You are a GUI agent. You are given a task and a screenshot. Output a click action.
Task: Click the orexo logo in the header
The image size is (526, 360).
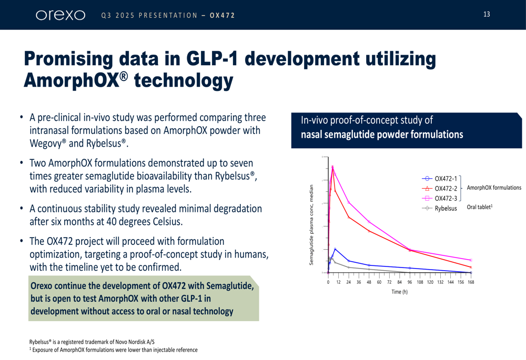click(60, 15)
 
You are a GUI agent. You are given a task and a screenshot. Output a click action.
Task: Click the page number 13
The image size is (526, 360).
click(487, 14)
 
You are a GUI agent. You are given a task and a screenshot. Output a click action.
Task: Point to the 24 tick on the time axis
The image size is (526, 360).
click(349, 282)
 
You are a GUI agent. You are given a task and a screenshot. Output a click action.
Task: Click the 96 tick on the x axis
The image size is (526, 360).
click(410, 282)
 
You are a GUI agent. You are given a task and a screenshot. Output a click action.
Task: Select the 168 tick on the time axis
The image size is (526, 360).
click(471, 282)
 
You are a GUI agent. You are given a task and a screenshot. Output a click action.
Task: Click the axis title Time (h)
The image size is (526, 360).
click(400, 292)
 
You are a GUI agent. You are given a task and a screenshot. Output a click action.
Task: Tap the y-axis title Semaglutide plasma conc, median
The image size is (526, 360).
click(311, 224)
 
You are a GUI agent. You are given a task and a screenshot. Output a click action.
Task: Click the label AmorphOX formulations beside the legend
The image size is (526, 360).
click(494, 188)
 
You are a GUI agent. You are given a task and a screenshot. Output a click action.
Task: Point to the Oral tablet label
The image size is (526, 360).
click(479, 208)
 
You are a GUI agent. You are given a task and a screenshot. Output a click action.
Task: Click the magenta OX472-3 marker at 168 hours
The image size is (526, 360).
click(471, 260)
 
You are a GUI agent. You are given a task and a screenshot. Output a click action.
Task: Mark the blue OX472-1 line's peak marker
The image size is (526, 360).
click(335, 249)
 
